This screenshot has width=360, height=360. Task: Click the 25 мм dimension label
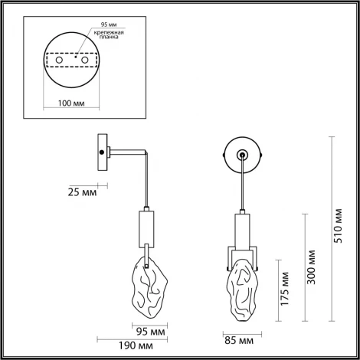click(83, 192)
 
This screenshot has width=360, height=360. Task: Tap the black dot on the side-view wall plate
click(102, 152)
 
